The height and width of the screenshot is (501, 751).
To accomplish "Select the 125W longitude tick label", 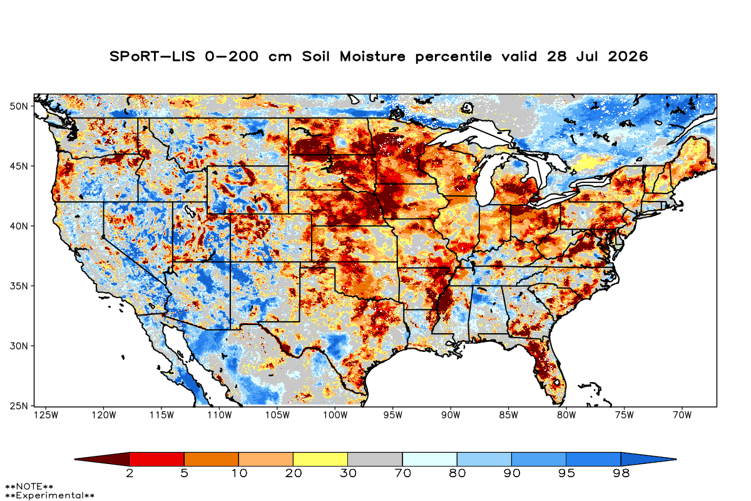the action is coord(46,415).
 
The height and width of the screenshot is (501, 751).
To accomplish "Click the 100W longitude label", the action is coord(335,415).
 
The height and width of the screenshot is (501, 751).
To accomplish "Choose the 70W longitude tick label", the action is coord(682,415).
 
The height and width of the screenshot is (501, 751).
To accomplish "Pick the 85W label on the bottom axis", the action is coord(509,415).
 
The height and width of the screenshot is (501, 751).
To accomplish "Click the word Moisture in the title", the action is coord(372,56).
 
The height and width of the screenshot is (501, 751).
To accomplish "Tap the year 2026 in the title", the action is coord(628,56).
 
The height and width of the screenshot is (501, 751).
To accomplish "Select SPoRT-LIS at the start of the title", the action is coord(152,56).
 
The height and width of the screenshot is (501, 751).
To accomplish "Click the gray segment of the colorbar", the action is coord(375,459).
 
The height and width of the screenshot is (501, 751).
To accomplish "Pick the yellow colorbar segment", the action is coord(320,459).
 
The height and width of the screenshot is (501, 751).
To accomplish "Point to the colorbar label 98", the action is coord(621,473).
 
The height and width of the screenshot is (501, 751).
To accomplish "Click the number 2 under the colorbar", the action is coord(130,473).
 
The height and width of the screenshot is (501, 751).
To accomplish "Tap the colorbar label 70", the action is coord(402,473).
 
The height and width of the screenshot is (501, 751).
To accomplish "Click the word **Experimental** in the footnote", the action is coord(49,495).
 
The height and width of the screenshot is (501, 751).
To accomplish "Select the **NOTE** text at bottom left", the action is coord(29,486).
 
